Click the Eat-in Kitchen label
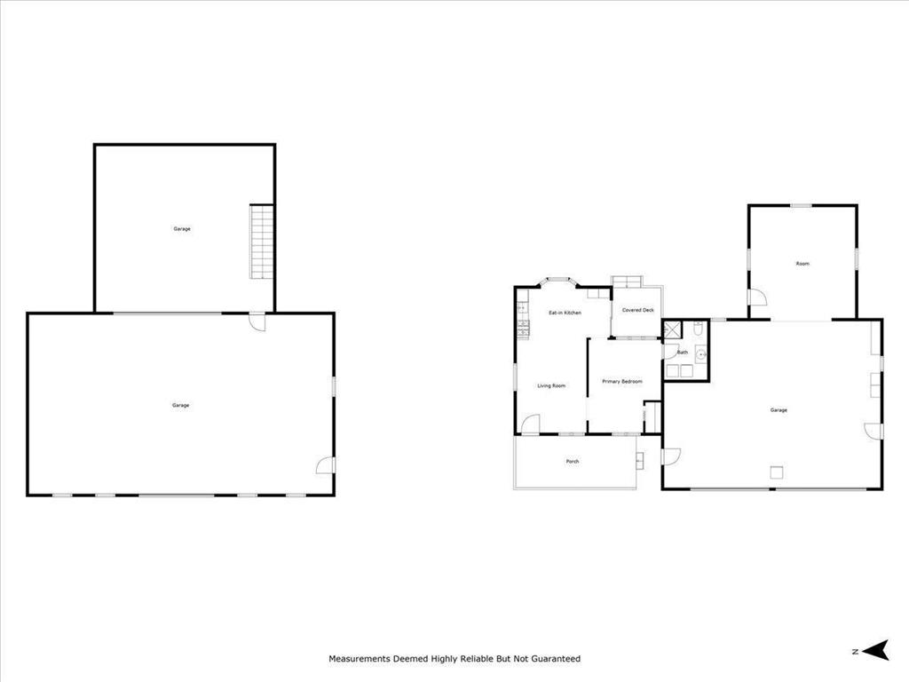coord(565,313)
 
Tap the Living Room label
coord(551,385)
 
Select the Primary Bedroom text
coord(621,381)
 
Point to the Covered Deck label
coord(637,310)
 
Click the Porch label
coord(573,462)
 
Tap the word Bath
coord(683,353)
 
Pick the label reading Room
coord(802,264)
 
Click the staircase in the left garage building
coord(260,242)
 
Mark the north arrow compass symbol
coord(876,651)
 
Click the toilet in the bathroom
coord(699,330)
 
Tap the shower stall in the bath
coord(672,330)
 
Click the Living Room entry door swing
coord(530,425)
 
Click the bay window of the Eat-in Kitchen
coord(560,282)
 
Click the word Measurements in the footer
coord(360,659)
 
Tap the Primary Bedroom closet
coord(651,416)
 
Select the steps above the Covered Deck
coord(627,282)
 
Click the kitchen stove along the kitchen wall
coord(523,330)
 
